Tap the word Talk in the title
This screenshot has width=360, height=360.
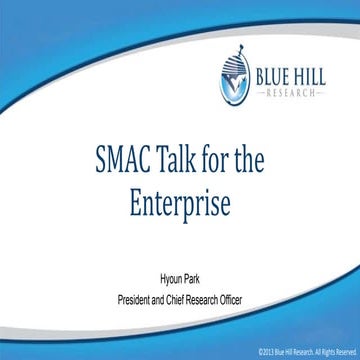170,160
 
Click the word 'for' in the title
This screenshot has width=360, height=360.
218,160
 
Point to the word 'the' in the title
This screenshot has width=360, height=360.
259,160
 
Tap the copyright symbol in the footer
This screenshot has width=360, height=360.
259,352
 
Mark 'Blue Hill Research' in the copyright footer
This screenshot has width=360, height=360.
294,352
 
